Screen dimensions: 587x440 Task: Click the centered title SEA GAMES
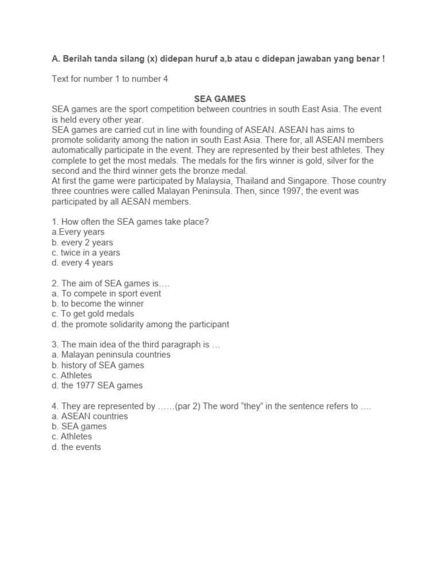pos(219,99)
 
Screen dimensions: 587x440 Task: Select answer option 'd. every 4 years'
pos(82,263)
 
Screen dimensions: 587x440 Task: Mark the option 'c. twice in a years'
pos(86,253)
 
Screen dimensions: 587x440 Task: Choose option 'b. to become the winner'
pos(97,303)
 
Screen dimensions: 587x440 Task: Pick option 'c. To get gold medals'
pos(93,314)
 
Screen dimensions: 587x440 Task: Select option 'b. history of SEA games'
pos(97,365)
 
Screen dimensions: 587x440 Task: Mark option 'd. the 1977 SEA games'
pos(97,385)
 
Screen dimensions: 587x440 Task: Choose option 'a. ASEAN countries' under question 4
pos(89,416)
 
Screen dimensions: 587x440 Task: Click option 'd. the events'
pos(76,447)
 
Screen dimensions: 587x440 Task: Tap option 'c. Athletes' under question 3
pos(72,375)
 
